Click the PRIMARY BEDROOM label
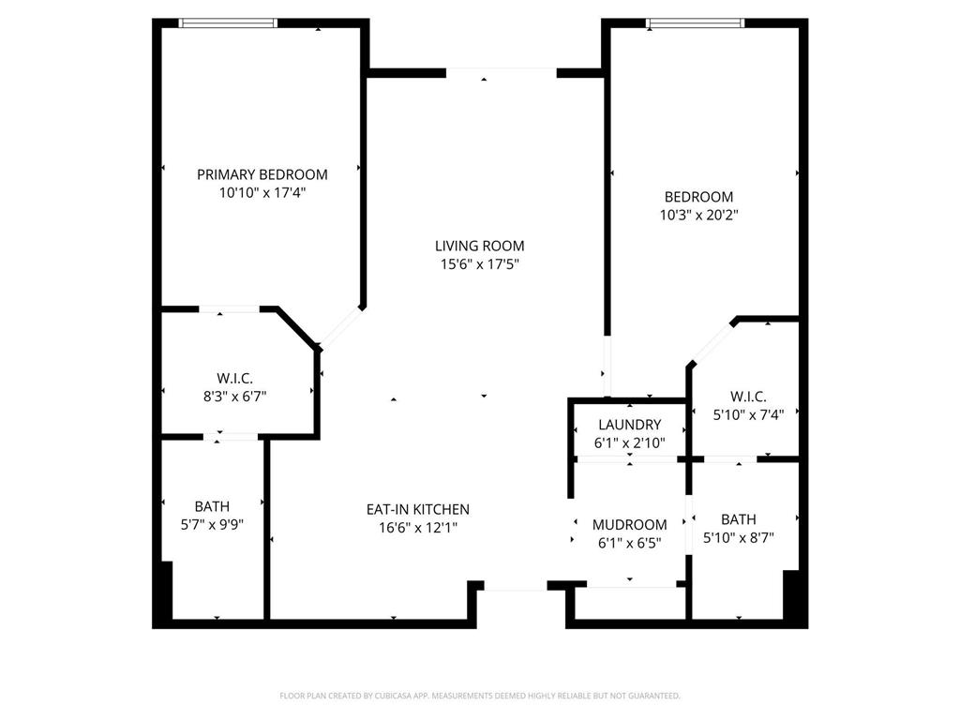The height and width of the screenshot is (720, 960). (262, 174)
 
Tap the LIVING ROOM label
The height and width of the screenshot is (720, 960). (479, 247)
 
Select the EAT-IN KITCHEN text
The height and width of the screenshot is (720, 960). (417, 509)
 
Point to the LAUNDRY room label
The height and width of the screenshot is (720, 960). (629, 425)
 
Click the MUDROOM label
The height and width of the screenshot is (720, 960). (629, 525)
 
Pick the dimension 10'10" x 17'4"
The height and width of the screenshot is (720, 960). (262, 193)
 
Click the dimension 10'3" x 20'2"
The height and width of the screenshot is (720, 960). (698, 215)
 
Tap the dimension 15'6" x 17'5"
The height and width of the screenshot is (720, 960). (479, 264)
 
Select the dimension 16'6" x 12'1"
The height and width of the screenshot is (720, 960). (417, 527)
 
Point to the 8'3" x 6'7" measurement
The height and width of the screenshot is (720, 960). (235, 396)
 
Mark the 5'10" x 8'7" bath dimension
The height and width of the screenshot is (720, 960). (739, 537)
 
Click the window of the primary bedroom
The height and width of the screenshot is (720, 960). (228, 22)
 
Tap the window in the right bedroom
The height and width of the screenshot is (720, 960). (696, 22)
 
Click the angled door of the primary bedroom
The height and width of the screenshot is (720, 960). (341, 327)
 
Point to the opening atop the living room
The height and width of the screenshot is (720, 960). (501, 71)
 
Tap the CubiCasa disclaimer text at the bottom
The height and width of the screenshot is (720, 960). (479, 696)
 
